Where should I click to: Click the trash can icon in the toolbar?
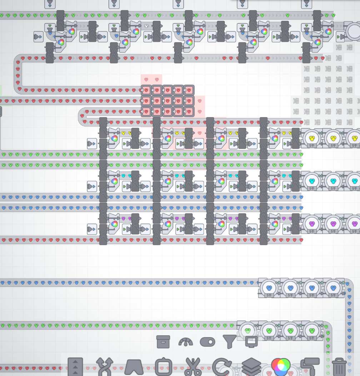click(339, 366)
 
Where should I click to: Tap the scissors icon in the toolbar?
click(193, 366)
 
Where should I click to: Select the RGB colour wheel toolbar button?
click(281, 366)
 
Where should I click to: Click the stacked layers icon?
click(251, 366)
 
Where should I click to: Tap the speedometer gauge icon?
click(186, 342)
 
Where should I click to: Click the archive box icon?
click(163, 342)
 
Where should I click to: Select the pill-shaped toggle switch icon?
click(207, 342)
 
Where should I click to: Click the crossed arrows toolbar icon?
click(105, 366)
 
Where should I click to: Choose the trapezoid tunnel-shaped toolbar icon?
click(134, 366)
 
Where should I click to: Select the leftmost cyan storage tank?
click(312, 180)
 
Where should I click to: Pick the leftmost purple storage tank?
click(312, 223)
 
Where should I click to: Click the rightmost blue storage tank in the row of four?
click(333, 287)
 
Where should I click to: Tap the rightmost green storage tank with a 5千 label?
click(312, 330)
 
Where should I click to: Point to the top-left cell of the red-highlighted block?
click(146, 90)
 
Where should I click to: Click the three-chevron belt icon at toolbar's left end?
click(75, 366)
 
